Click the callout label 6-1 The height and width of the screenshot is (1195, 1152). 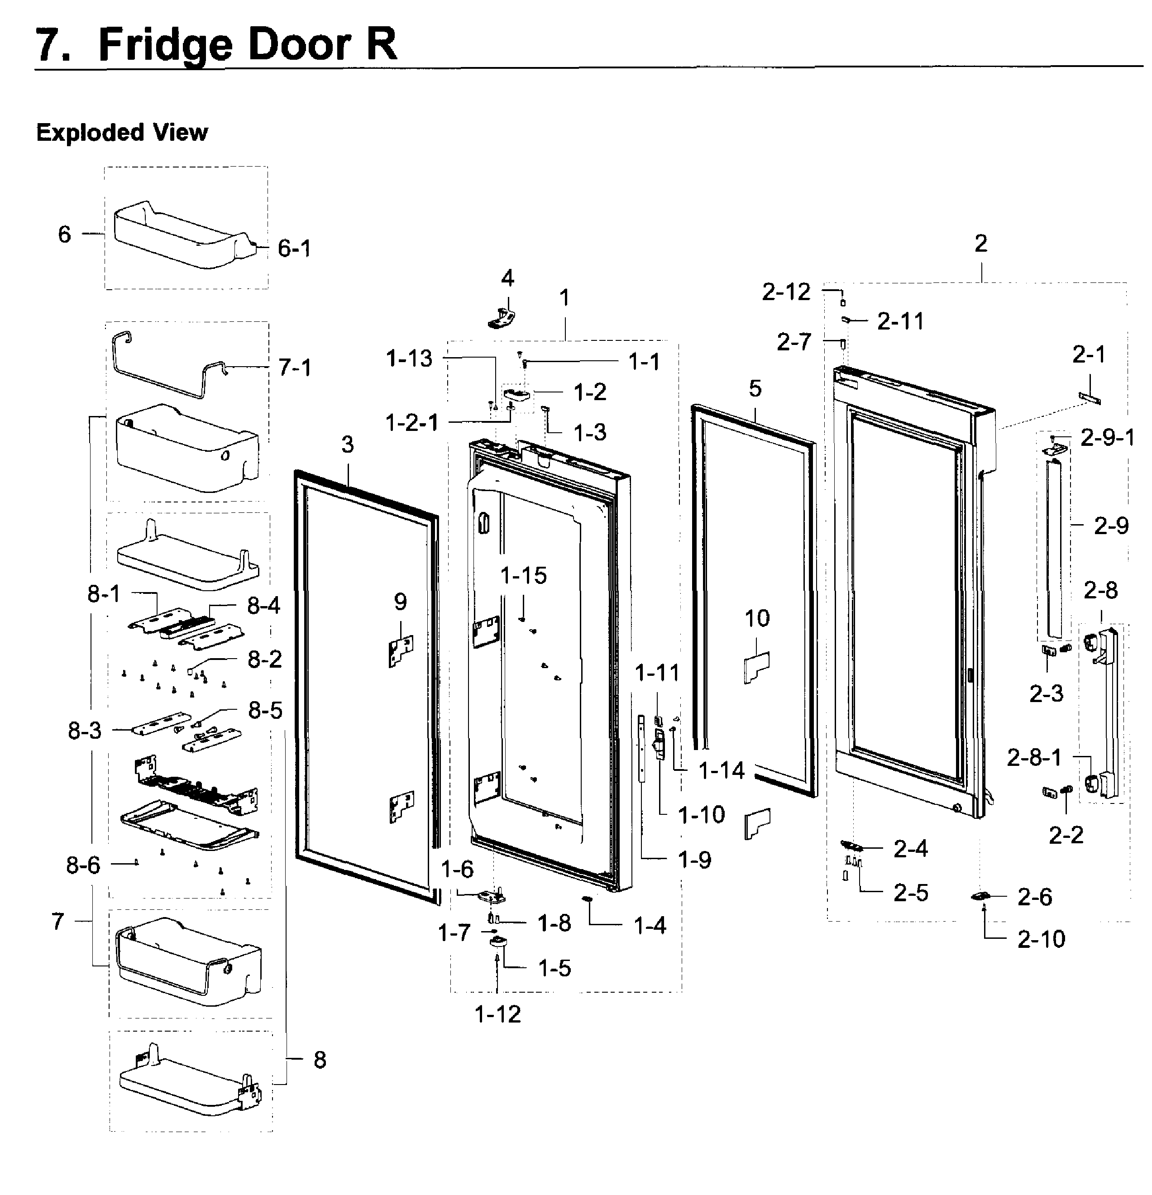(x=294, y=249)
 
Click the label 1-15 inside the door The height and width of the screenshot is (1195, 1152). (x=523, y=575)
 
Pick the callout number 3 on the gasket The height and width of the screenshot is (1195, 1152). (x=347, y=445)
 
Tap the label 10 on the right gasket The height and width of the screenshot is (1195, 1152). (x=757, y=618)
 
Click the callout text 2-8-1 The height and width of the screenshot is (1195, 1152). (x=1034, y=757)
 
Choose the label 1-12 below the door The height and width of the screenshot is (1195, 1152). (x=497, y=1014)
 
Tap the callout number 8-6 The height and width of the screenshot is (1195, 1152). (x=83, y=865)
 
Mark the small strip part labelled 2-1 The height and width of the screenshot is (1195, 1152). (x=1089, y=397)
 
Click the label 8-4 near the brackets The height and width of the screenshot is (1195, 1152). (x=263, y=606)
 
